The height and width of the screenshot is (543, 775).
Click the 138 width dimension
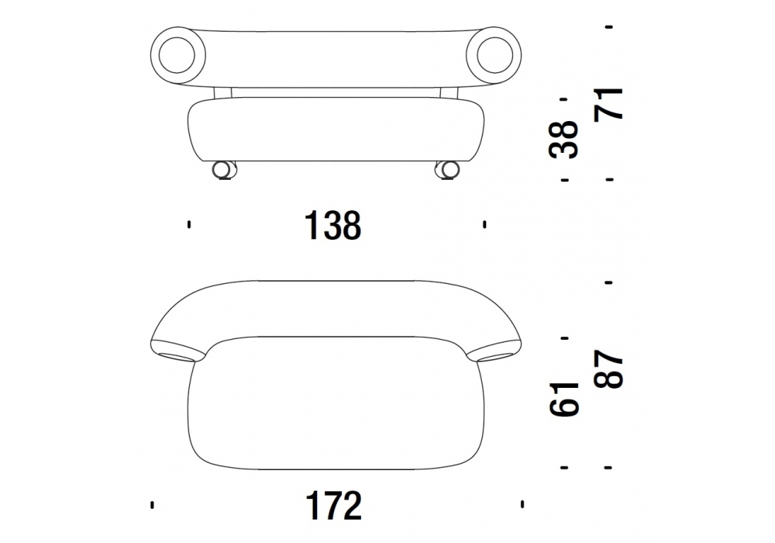pos(333,226)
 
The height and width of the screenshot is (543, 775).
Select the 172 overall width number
pos(334,505)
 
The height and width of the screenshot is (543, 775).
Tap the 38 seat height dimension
pos(563,140)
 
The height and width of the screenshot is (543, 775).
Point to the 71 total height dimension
pos(608,103)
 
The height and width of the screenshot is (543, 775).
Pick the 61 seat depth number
pos(563,399)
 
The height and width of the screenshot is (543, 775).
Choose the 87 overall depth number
pos(608,368)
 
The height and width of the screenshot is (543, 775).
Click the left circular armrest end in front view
pos(177,54)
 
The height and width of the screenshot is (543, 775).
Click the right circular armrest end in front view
pos(493,54)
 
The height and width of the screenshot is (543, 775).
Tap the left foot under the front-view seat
pos(224,170)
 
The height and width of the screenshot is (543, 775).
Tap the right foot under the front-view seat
pos(447,170)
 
